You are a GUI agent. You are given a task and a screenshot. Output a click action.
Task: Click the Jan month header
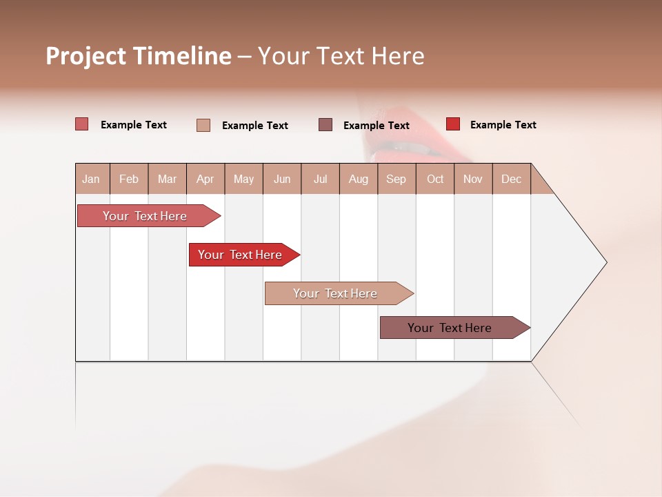[91, 179]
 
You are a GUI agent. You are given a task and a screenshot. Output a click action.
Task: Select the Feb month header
[129, 179]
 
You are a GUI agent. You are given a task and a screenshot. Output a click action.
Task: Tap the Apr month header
[205, 179]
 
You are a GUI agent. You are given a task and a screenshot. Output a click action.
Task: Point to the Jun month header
[282, 179]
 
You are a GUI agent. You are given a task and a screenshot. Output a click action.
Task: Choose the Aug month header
[359, 179]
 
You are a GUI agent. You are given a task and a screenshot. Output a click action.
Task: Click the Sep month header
[396, 179]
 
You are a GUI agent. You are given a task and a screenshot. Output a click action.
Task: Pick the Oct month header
[435, 179]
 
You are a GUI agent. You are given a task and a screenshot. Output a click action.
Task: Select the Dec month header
[511, 179]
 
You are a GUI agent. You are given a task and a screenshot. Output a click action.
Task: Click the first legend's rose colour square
[82, 124]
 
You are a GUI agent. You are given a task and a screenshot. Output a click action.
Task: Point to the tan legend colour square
[203, 125]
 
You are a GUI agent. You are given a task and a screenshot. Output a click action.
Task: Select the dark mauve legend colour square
[325, 125]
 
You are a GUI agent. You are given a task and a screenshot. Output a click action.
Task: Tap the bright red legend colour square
[453, 124]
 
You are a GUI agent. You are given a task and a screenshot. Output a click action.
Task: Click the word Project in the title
[86, 56]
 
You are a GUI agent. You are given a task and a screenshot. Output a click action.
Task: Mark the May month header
[243, 179]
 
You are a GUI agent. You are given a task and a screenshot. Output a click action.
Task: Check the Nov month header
[473, 179]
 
